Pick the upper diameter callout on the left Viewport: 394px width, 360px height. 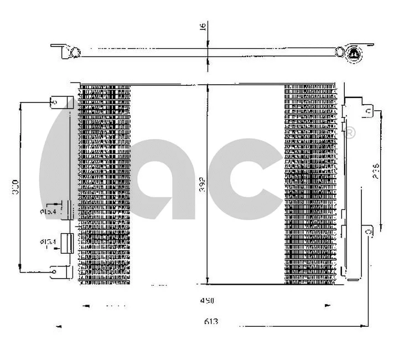[47, 211]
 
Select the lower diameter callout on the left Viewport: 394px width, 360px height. [47, 241]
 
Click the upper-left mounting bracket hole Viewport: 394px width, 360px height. [55, 102]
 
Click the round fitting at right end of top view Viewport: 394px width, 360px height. [353, 54]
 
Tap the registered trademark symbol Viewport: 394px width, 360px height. [350, 132]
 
